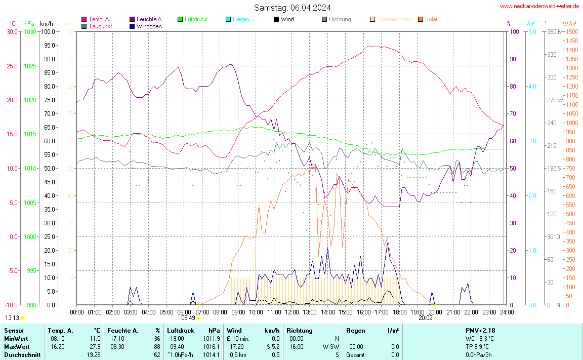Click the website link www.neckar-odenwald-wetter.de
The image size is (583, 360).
point(539,6)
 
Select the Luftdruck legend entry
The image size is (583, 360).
point(195,19)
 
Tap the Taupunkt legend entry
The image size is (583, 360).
point(100,26)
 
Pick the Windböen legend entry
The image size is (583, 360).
point(149,26)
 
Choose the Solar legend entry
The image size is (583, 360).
point(431,19)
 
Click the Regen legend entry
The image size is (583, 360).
point(241,19)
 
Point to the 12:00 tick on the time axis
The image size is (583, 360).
point(291,312)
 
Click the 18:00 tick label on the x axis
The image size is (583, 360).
point(399,312)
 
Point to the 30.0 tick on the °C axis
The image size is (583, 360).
point(12,31)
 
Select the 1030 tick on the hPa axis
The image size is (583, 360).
point(30,31)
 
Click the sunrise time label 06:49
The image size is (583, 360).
point(188,318)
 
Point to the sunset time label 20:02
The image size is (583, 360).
point(426,318)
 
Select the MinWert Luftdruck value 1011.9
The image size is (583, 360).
point(211,338)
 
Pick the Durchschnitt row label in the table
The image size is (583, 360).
point(21,355)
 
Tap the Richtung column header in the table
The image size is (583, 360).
point(300,331)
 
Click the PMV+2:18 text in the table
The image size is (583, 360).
point(480,331)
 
